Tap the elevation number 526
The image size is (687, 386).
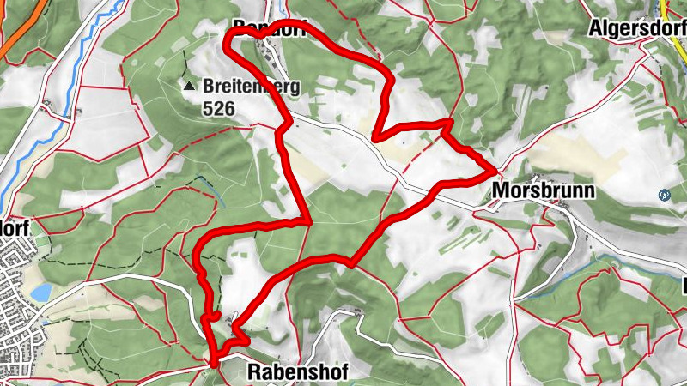tap(218, 108)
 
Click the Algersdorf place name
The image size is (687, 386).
tap(635, 28)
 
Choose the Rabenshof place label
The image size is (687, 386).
tap(296, 371)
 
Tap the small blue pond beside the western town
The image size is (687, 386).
tap(40, 293)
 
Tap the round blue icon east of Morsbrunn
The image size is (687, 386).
tap(663, 195)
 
